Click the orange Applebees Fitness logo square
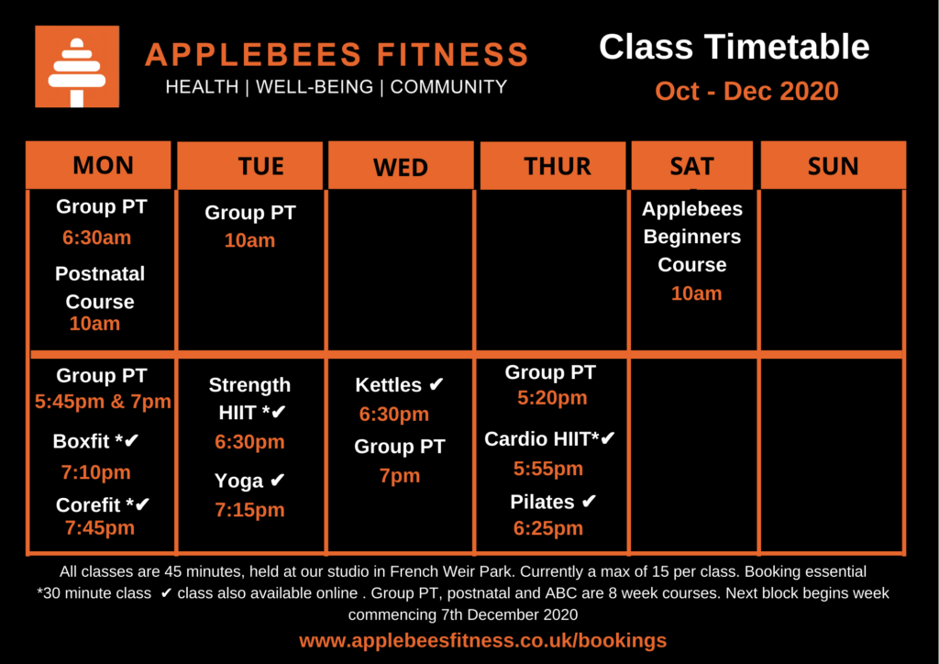pos(77,66)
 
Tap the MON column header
pos(98,165)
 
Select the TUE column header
pos(250,166)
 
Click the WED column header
pos(401,166)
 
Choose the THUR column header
pos(553,166)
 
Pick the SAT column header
pos(692,166)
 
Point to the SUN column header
pos(833,166)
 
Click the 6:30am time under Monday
pos(96,238)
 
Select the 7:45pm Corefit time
pos(100,528)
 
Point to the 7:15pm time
pos(249,510)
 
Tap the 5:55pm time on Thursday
pos(548,469)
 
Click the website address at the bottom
pos(482,641)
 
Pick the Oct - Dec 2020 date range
pos(746,92)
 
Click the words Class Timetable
pos(735,48)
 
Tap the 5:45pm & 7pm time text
pos(103,401)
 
